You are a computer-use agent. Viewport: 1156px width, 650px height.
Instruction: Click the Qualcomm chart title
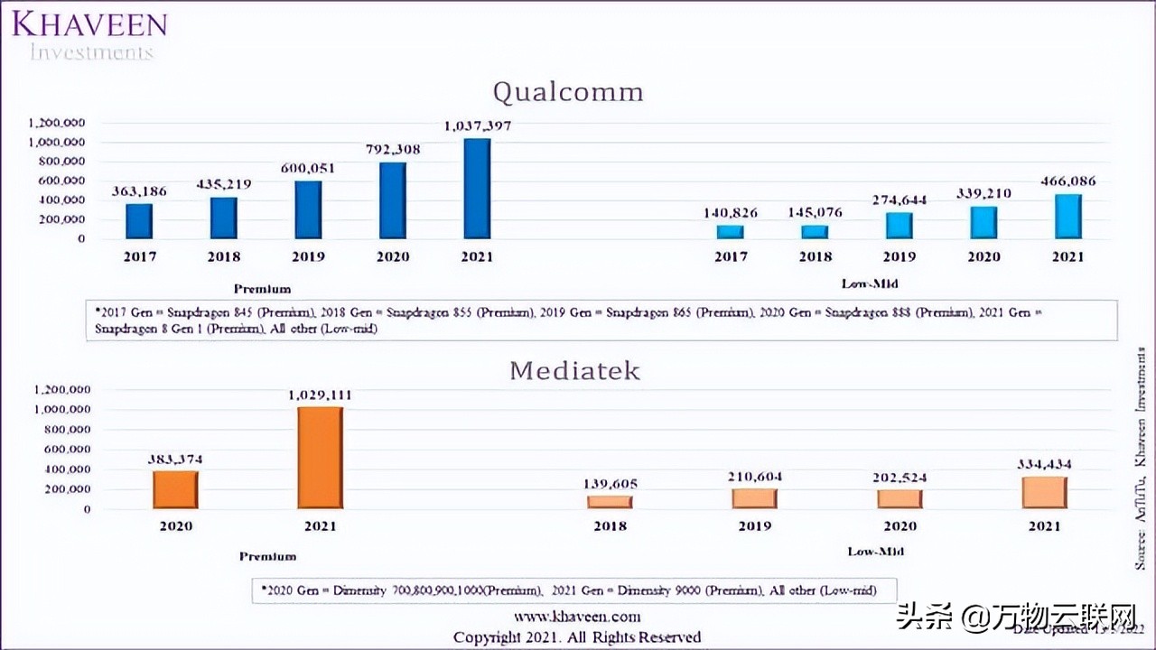pos(568,92)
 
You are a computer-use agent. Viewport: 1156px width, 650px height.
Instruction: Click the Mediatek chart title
pos(574,371)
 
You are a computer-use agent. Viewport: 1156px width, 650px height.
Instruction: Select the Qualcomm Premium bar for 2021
pos(477,188)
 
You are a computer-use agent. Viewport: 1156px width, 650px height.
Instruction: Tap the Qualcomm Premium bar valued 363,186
pos(139,220)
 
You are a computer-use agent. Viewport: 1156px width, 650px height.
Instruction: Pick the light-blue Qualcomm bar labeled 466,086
pos(1067,216)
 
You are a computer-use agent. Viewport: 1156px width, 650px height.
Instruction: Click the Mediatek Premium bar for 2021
pos(320,458)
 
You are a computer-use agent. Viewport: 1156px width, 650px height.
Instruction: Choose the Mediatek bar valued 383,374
pos(175,489)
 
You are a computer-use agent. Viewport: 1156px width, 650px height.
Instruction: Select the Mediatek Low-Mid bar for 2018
pos(610,502)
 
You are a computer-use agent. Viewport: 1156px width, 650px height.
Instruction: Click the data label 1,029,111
pos(320,395)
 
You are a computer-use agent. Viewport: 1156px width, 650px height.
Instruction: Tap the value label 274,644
pos(899,199)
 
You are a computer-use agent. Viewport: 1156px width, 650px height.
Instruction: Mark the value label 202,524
pos(900,477)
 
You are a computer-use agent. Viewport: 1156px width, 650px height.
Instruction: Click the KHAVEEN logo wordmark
pos(89,23)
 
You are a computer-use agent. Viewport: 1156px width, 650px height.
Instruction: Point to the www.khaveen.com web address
pos(577,617)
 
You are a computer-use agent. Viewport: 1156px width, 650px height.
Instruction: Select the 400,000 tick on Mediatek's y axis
pos(61,469)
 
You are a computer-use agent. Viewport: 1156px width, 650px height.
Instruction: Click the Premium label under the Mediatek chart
pos(267,556)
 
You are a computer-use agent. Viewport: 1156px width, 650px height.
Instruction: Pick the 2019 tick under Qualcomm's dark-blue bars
pos(308,256)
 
